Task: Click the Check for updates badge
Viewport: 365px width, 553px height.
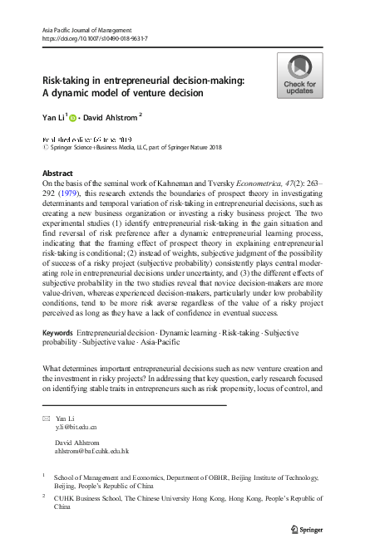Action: point(299,76)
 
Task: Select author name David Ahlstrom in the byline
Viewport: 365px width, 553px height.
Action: point(111,117)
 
